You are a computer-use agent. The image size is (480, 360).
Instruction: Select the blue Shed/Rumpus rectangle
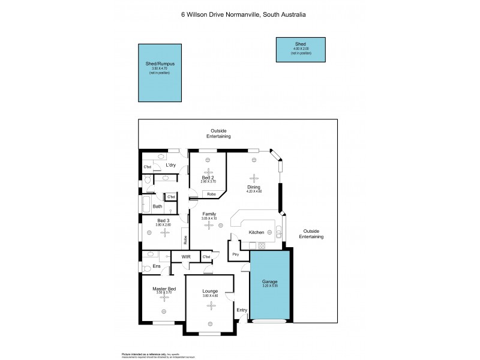tap(160, 73)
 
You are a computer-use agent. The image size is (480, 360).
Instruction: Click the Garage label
tap(270, 281)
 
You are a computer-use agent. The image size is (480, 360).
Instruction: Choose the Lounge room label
tap(211, 291)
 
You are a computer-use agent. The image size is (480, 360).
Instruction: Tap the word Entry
tap(242, 310)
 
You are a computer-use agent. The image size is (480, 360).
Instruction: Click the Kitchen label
tap(257, 232)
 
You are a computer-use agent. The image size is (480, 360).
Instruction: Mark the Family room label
tap(209, 214)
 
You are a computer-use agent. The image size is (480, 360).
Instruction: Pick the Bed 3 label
tap(163, 220)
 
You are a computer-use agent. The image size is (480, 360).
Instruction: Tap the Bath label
tap(157, 206)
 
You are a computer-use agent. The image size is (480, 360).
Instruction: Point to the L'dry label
tap(170, 165)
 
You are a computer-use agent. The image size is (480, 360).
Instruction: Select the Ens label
tap(157, 266)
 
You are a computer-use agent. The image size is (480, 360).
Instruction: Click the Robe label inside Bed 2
tap(211, 194)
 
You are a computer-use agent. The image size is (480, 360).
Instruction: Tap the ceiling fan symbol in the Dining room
tap(254, 178)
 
